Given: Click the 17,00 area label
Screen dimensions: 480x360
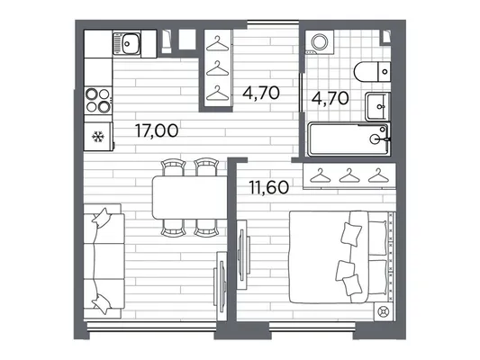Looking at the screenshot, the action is coord(157,130).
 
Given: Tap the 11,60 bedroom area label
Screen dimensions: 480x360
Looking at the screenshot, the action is coord(268,187).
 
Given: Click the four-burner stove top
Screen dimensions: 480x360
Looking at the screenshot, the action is coord(98,100).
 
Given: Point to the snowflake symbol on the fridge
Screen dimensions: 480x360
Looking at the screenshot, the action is coord(98,137).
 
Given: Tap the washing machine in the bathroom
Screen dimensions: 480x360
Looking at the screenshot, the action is coord(320,42).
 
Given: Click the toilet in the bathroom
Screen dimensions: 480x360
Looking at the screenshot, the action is coord(372,72).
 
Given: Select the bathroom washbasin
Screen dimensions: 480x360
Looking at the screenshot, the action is coord(377,106).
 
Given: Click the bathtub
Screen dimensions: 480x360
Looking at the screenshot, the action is coord(349,139).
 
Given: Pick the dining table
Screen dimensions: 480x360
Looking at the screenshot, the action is coord(190,197).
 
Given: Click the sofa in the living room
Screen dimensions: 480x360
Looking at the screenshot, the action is coord(104,261).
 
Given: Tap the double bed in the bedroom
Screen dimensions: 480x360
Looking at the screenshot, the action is coord(342,256).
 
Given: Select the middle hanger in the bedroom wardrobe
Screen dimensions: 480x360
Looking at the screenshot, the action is coord(349,175).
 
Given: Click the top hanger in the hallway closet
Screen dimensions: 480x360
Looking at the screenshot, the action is coord(217,43).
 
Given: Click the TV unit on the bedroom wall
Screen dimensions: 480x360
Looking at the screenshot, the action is coord(243,255).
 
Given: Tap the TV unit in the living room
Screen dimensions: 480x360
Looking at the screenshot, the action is coord(221,286).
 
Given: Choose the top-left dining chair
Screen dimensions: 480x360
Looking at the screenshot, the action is coord(173,167).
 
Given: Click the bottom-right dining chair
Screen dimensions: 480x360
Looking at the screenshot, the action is coord(206,228).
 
